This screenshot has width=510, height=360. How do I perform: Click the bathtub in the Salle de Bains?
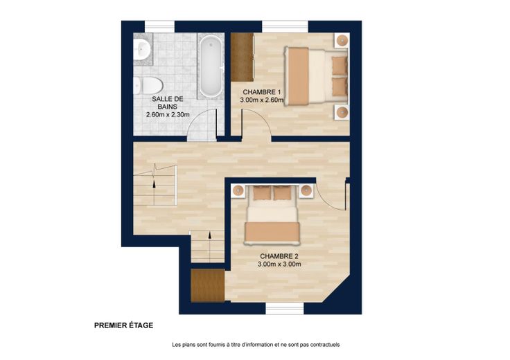click(211, 66)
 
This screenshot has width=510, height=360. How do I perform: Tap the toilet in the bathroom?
click(148, 85)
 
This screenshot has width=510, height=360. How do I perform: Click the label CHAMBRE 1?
click(261, 92)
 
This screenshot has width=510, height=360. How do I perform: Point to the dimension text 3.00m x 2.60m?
click(261, 100)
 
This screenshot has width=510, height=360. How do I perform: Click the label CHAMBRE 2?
click(279, 256)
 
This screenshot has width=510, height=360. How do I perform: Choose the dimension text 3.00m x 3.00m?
click(279, 264)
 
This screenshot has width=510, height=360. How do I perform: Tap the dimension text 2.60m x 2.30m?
click(168, 114)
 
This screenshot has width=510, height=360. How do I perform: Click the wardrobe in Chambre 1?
click(242, 57)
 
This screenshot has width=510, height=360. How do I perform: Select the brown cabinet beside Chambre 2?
click(207, 286)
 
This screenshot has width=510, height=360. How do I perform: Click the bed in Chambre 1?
click(316, 76)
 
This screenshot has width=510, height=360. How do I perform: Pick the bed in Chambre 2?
click(272, 215)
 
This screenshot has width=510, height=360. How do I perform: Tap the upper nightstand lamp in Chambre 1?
click(342, 41)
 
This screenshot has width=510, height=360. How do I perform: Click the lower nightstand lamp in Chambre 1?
click(342, 112)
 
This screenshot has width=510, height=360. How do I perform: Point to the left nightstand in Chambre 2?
click(239, 190)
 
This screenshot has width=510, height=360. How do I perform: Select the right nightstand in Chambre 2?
click(306, 190)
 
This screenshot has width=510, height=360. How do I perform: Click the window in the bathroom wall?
click(159, 26)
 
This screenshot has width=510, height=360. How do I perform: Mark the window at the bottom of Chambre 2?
click(285, 308)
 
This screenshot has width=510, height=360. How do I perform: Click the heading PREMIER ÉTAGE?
click(123, 325)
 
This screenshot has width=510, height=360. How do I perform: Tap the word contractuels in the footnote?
click(325, 345)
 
